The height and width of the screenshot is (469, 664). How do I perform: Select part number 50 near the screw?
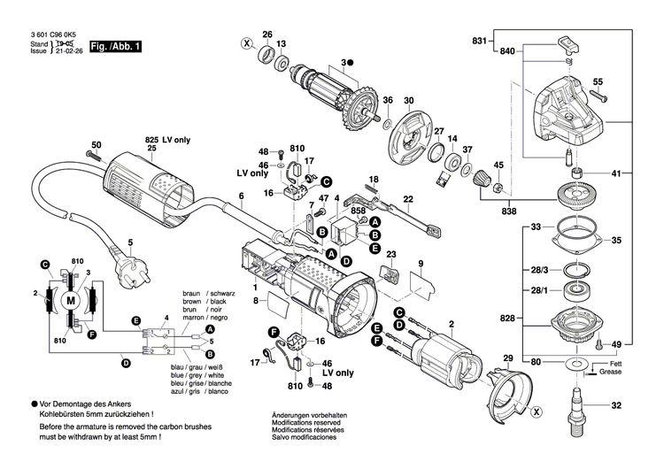97,144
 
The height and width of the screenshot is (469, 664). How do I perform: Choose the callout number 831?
479,42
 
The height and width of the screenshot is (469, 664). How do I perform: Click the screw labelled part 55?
598,82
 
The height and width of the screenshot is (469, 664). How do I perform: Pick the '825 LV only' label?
167,141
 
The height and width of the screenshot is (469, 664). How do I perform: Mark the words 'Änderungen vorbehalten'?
308,416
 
